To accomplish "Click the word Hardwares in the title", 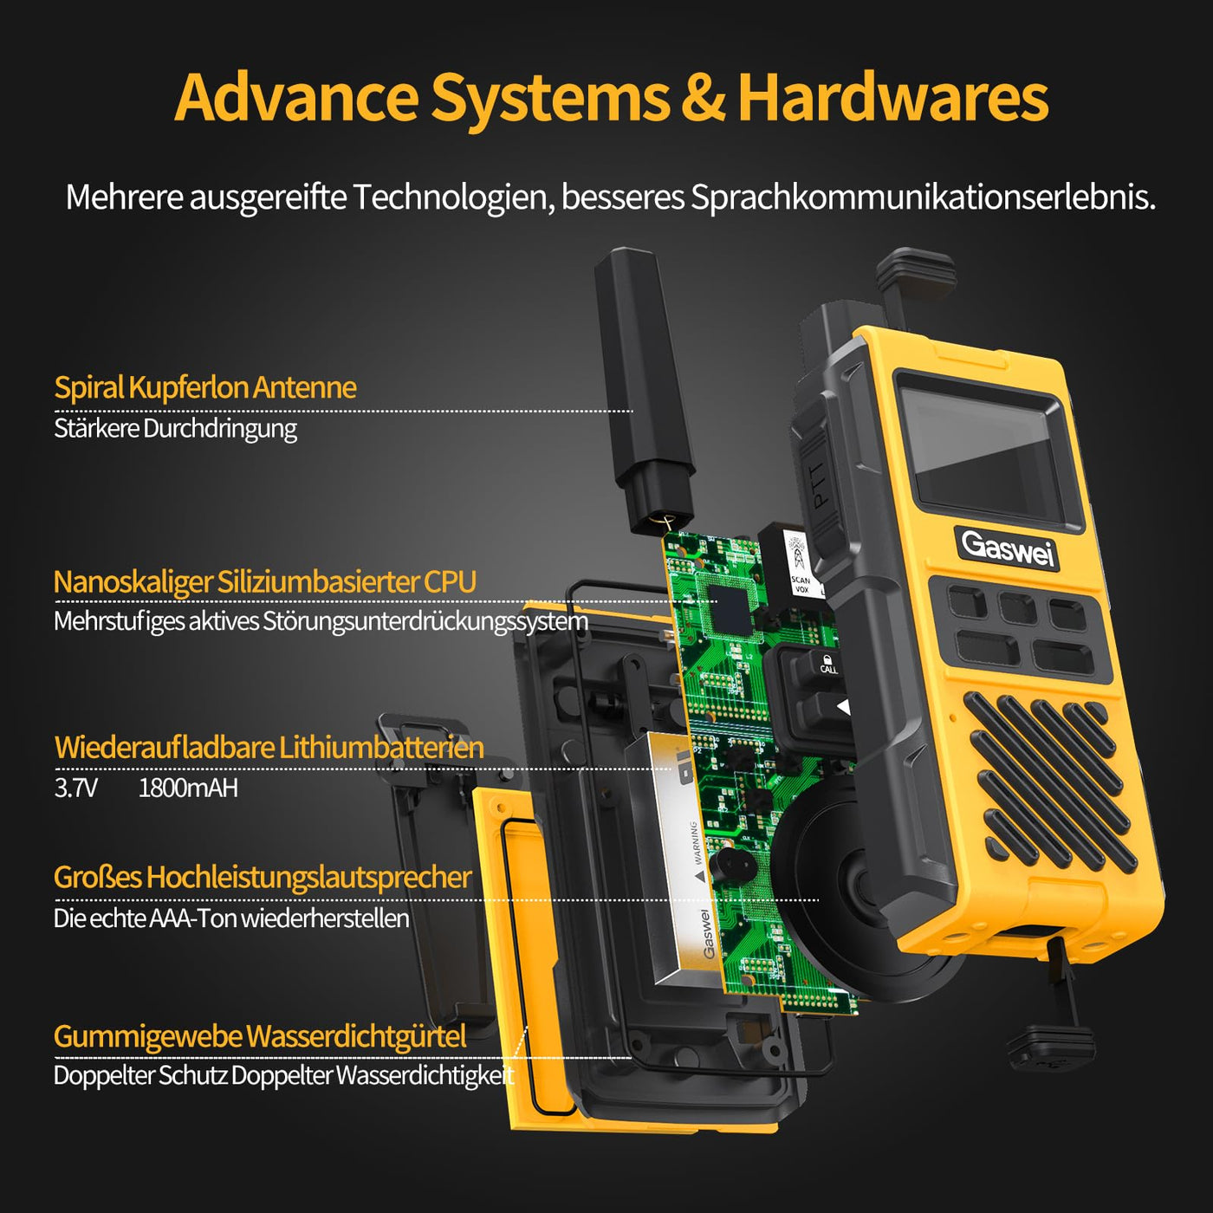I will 892,97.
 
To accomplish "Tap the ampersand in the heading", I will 702,99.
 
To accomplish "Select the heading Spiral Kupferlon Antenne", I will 205,387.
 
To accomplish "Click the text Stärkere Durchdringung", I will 175,428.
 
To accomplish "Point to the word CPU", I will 450,582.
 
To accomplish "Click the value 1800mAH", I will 188,788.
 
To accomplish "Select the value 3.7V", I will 75,788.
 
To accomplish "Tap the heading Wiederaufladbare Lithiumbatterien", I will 269,747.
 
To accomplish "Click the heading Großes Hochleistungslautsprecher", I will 263,877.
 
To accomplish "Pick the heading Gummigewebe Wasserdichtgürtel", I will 260,1036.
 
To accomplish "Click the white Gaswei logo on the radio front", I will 1008,548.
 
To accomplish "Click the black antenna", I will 645,390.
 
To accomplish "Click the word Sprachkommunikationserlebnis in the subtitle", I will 923,198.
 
